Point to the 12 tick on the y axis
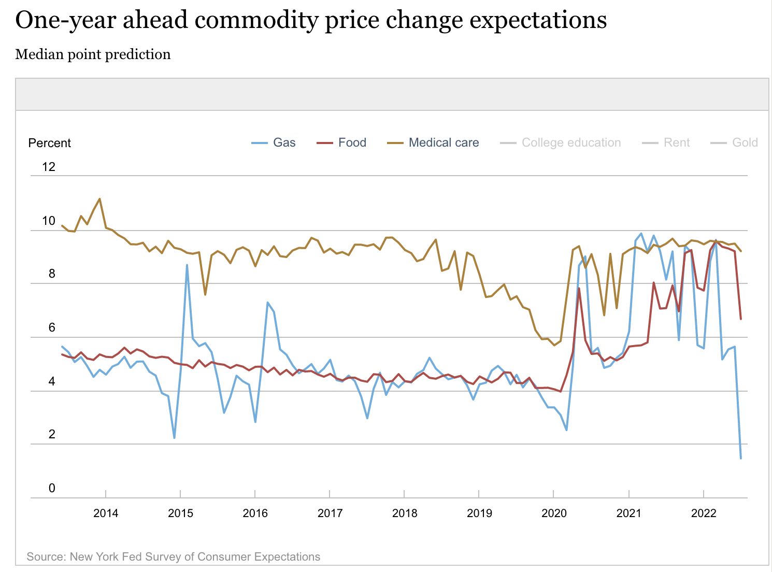point(49,167)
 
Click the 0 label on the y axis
point(51,488)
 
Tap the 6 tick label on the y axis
point(51,327)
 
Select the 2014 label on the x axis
point(106,513)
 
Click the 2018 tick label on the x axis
point(405,513)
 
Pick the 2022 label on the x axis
point(704,513)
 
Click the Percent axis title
point(49,143)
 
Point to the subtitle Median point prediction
point(93,54)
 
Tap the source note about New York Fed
point(173,556)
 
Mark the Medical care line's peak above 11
point(99,198)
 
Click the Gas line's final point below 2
point(741,458)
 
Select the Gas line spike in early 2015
point(187,265)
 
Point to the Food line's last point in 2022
point(741,319)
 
